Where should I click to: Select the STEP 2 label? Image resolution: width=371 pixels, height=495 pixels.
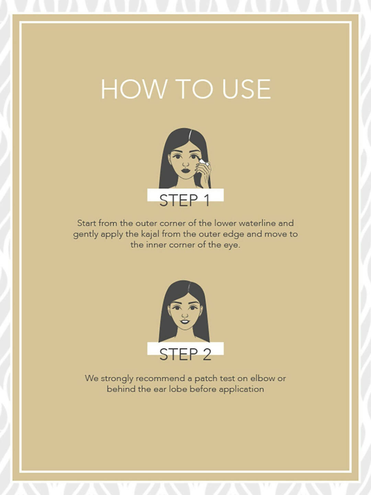click(185, 354)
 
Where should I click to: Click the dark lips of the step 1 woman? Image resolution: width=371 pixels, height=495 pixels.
click(185, 170)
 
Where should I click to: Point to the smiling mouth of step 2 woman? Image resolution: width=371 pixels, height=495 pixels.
click(185, 321)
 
